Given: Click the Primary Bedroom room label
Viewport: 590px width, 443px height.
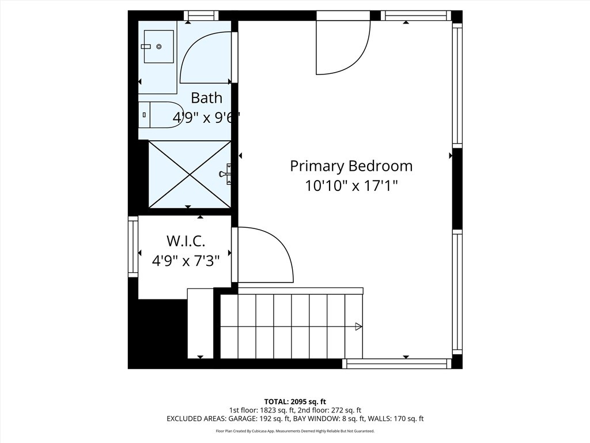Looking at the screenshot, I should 351,166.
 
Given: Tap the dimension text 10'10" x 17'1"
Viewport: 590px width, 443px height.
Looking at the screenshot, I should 351,186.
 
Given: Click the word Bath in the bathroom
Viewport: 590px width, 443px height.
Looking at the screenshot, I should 206,97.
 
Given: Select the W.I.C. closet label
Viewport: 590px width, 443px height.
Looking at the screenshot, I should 186,241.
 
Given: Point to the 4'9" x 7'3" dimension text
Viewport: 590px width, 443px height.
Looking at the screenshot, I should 186,261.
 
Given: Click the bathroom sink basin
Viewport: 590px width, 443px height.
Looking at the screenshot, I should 158,46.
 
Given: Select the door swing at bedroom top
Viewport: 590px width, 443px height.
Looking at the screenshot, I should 343,49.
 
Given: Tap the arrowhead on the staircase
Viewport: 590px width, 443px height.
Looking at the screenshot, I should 358,326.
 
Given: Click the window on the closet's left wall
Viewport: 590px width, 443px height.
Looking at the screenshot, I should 133,247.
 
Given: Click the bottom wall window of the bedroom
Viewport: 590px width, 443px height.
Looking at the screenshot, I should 396,363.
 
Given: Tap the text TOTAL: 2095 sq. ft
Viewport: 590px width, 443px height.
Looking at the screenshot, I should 295,401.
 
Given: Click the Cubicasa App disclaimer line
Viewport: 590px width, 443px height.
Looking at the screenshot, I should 295,431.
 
